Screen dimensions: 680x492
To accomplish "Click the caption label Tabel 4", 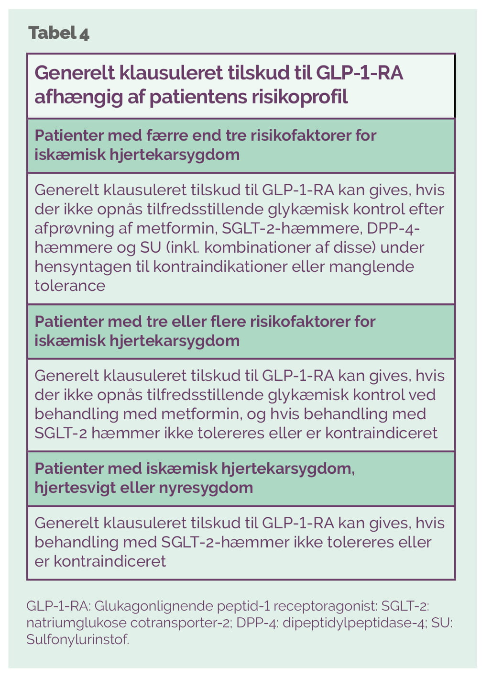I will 59,33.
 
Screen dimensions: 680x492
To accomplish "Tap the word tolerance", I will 70,286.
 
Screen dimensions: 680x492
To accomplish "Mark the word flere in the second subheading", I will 229,321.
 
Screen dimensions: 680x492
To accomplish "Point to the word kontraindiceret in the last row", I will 109,561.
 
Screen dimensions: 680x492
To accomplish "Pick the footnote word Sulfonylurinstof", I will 77,640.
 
